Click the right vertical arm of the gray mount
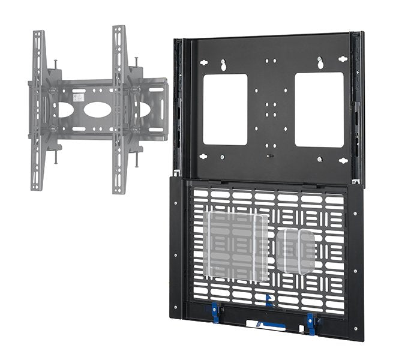pos(119,108)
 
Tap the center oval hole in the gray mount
pos(97,110)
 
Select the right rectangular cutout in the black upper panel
pos(319,109)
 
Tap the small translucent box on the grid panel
pos(295,251)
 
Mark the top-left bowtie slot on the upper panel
pos(204,61)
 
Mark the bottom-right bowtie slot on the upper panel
pos(343,160)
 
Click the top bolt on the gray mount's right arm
pos(137,60)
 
